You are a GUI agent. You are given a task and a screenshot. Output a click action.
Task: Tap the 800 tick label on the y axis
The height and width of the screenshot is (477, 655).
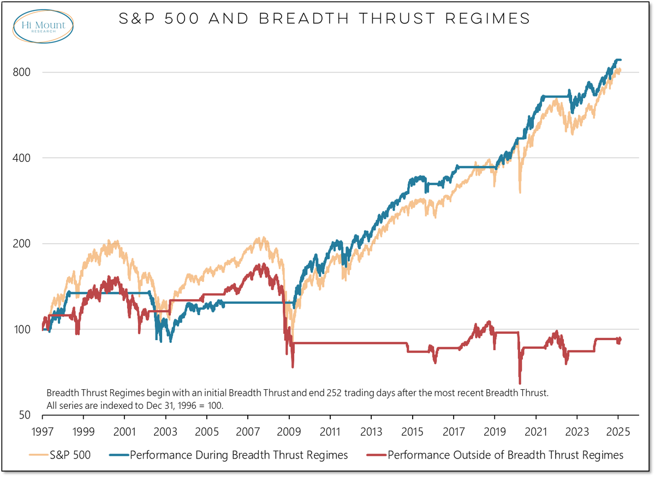coord(21,73)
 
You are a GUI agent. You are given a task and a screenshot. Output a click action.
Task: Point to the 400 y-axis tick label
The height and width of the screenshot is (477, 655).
coord(21,158)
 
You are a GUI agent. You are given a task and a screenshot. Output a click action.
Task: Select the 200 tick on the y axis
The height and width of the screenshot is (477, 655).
coord(21,244)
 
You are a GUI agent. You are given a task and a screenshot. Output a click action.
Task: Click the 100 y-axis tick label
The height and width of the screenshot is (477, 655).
coord(21,329)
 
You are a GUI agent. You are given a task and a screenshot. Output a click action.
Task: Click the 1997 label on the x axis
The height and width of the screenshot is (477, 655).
coord(43,431)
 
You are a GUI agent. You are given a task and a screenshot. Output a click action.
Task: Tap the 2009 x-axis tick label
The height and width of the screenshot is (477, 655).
coord(289,431)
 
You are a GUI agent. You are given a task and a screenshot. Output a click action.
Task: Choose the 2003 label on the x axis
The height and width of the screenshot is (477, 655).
coord(165,431)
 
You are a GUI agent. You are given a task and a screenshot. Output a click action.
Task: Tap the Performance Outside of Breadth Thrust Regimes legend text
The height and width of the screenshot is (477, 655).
coord(505,455)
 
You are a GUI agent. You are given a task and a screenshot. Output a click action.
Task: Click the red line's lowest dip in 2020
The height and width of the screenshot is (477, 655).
coord(520,383)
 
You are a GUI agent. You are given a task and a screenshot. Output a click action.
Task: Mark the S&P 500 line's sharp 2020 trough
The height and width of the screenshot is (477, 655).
coord(520,192)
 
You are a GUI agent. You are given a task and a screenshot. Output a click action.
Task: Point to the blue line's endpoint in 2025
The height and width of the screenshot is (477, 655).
coord(621,60)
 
